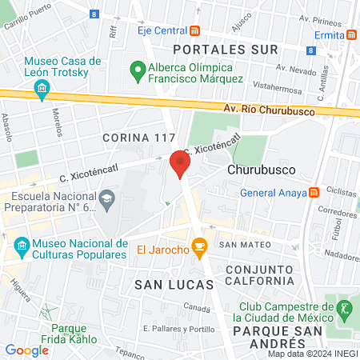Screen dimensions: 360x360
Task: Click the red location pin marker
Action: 179,164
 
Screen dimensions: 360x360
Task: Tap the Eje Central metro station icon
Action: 195,31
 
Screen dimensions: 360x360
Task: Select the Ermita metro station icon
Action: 351,36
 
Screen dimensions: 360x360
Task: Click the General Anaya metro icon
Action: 314,192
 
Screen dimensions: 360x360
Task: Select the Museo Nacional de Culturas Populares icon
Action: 21,244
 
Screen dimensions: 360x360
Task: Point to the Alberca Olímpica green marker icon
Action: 136,74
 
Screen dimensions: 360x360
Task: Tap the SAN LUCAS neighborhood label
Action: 174,284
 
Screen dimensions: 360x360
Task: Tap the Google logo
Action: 26,350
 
